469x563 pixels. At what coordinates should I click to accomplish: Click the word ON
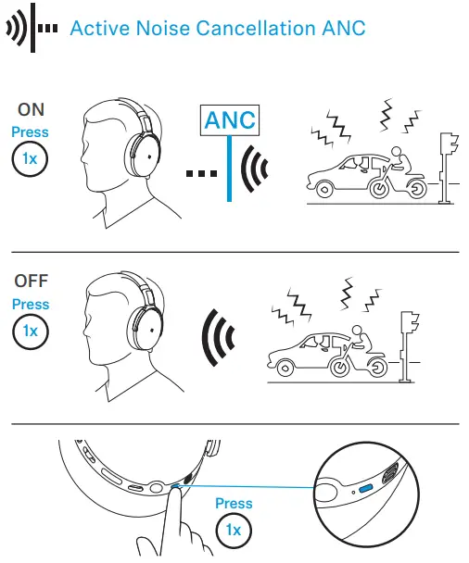click(31, 110)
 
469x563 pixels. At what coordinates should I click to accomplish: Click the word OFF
click(31, 281)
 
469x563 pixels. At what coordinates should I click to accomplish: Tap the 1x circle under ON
click(31, 158)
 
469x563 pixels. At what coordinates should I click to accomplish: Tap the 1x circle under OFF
click(31, 330)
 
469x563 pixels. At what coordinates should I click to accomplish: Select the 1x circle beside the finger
click(233, 531)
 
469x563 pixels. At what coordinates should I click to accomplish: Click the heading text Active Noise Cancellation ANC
click(218, 28)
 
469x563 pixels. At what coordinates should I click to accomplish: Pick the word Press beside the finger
click(233, 504)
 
